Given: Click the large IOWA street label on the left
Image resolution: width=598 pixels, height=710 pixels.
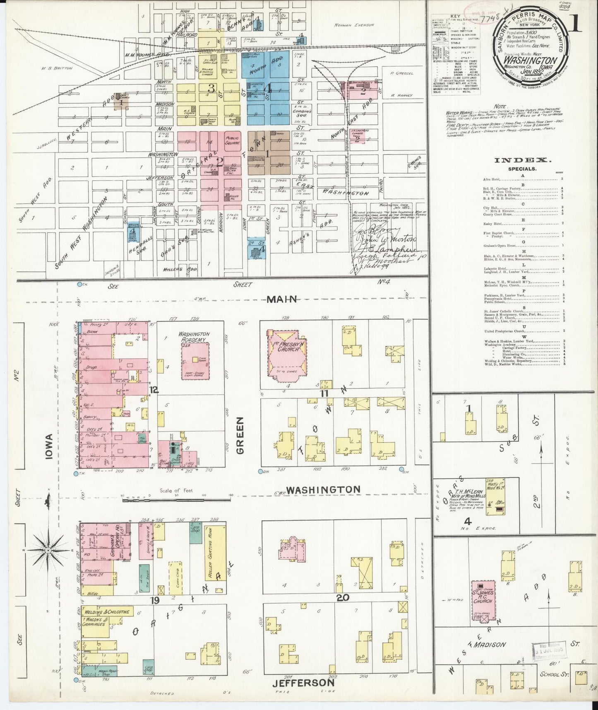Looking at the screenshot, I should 48,447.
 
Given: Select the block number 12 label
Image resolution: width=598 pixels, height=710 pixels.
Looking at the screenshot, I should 154,390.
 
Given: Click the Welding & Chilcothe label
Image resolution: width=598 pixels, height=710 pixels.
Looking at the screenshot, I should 107,612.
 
